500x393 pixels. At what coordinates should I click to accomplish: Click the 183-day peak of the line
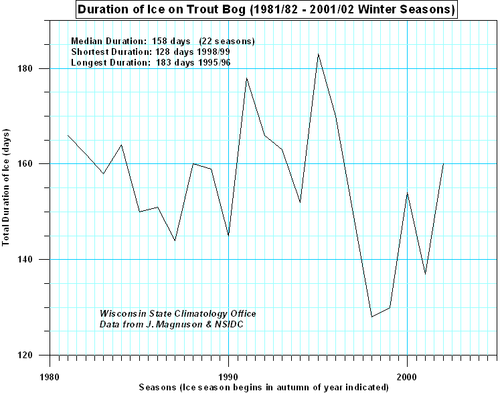pos(318,54)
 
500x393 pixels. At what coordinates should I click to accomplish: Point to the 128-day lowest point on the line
pos(371,317)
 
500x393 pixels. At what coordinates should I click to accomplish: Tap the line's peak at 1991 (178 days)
pos(246,78)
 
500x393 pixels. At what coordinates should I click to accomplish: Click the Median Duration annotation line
pos(163,41)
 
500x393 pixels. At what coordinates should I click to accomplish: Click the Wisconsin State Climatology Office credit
pos(177,313)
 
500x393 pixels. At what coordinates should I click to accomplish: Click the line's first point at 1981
pos(68,135)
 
